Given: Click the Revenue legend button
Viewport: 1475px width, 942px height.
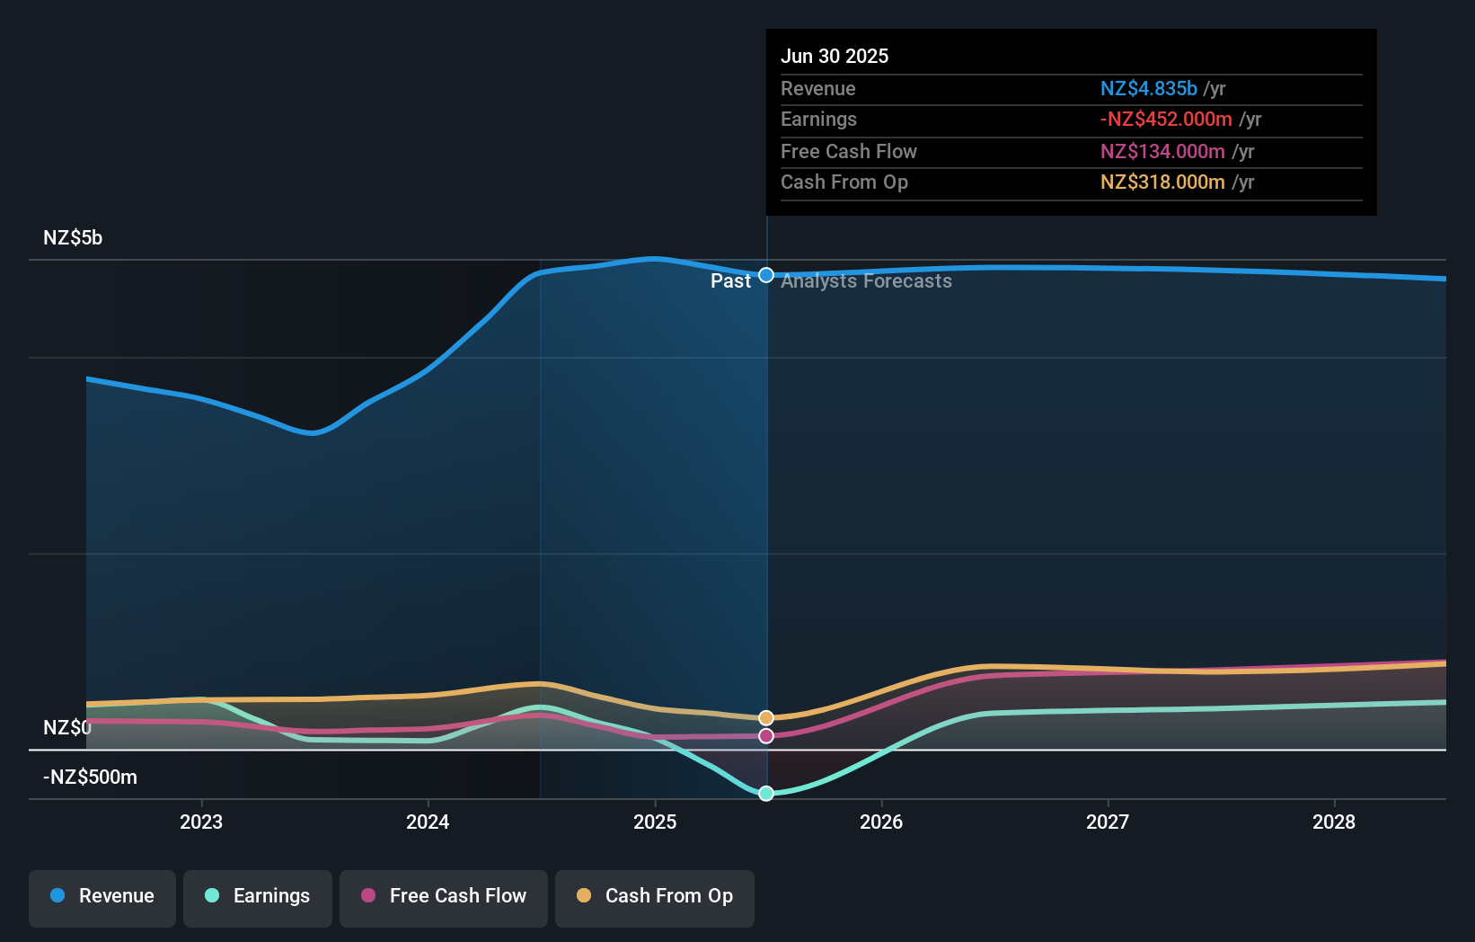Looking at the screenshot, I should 102,896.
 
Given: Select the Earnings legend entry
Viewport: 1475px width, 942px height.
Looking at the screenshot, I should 258,896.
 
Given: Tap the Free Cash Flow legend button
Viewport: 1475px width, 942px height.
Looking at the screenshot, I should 444,896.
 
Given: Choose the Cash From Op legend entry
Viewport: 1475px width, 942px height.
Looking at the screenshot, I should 655,896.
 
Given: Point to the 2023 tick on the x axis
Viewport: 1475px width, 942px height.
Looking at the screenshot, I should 201,822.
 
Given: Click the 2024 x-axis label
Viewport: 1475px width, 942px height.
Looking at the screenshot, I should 428,822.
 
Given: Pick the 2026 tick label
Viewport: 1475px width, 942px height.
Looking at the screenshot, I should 881,822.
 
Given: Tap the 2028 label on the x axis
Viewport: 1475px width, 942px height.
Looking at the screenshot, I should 1334,822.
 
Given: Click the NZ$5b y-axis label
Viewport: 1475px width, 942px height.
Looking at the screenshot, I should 73,238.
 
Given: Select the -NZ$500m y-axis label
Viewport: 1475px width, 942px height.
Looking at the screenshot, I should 90,778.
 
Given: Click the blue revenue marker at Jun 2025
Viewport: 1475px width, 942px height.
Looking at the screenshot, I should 766,275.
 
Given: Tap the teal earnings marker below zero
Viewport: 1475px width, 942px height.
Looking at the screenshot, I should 766,793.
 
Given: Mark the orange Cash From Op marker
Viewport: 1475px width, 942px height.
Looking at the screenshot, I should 766,717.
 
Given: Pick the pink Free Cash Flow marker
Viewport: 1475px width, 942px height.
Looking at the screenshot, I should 766,736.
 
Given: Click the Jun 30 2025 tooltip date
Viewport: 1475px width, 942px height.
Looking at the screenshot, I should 835,56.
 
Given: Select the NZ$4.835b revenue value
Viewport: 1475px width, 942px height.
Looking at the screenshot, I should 1148,88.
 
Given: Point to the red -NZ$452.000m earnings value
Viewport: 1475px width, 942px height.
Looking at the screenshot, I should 1166,119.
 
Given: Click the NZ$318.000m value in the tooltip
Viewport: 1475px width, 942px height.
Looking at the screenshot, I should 1162,182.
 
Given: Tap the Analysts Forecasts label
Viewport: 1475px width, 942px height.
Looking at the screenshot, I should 866,281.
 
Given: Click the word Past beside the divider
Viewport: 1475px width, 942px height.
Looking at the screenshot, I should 730,281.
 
